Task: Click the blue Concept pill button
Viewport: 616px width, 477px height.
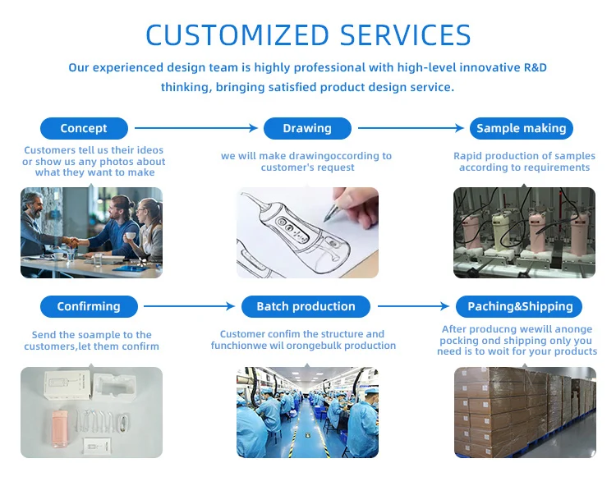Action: pos(84,128)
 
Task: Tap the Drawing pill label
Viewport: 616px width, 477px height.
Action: pos(307,128)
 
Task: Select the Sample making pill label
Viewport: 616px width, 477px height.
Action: pos(522,128)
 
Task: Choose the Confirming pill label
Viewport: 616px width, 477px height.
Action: pos(89,306)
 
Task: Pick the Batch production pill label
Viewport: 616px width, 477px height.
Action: pos(306,306)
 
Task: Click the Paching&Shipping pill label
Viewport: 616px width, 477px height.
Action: pos(520,306)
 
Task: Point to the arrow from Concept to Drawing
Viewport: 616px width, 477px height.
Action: pos(196,128)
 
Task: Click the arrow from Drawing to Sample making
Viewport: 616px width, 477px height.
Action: pos(411,128)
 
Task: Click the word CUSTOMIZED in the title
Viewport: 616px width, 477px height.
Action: pos(236,35)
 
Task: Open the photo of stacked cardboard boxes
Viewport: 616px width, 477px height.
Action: pos(524,412)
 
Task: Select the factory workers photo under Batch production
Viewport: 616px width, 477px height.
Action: pos(307,412)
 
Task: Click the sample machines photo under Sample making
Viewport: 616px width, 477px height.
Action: pos(524,232)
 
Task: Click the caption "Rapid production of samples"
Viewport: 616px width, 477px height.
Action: pos(524,156)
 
